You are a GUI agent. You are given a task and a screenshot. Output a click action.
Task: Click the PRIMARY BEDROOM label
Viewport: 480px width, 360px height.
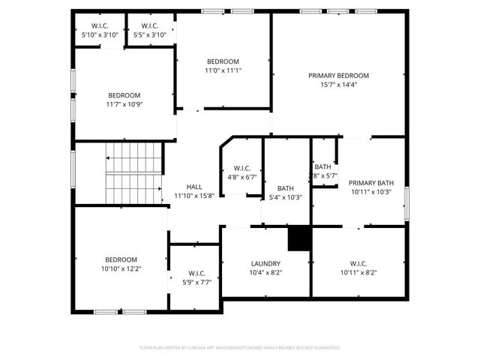click(x=338, y=76)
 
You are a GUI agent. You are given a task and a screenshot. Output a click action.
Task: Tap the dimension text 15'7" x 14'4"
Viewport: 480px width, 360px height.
click(x=338, y=85)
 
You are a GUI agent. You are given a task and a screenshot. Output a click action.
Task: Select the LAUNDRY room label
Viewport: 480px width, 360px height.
click(x=265, y=264)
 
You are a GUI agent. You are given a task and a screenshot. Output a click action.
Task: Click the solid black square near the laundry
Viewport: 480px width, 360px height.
click(x=298, y=238)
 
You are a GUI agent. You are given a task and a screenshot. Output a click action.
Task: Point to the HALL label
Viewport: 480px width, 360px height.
click(x=194, y=187)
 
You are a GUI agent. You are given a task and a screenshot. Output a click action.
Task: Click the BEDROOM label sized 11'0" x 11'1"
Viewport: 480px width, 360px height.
click(x=223, y=61)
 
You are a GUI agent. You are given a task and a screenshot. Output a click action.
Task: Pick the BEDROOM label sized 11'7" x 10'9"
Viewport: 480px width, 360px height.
click(x=124, y=95)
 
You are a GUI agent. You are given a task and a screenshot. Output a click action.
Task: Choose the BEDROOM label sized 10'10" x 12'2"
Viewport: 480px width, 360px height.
click(x=121, y=259)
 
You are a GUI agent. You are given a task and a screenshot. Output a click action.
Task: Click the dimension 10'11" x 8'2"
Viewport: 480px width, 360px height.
click(x=358, y=273)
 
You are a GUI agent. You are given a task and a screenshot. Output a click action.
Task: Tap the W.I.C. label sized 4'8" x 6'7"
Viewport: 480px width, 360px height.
click(x=241, y=168)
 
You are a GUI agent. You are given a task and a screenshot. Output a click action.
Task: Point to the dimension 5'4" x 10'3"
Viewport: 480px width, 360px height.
click(x=285, y=198)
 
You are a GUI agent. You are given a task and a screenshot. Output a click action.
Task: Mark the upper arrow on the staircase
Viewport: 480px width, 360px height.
click(x=109, y=158)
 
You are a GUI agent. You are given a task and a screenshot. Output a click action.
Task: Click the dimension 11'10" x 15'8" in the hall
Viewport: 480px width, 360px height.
click(x=194, y=196)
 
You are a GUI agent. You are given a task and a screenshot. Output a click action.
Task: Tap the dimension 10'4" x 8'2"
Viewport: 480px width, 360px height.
click(x=265, y=273)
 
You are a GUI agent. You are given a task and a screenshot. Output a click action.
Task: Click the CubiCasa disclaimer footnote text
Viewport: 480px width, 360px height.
click(x=240, y=348)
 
